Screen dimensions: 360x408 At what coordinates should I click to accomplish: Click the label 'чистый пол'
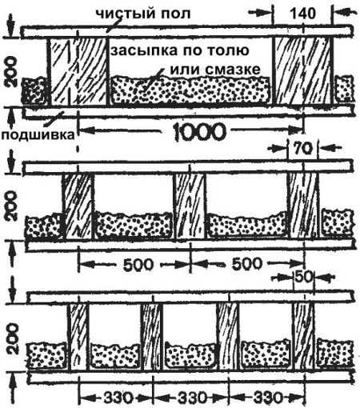(143, 14)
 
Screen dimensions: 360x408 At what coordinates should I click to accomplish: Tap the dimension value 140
(302, 14)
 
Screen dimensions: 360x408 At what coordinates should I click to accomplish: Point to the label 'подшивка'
(38, 135)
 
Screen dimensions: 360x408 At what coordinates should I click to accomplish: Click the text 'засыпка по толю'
(180, 50)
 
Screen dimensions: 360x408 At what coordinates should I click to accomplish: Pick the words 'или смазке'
(215, 70)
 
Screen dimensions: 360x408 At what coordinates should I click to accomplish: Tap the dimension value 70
(303, 150)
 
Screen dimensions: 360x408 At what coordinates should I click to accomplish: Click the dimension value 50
(303, 277)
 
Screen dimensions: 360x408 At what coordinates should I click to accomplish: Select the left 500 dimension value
(138, 265)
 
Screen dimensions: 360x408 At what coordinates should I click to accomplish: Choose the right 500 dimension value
(247, 264)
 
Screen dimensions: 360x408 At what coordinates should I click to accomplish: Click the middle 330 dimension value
(192, 398)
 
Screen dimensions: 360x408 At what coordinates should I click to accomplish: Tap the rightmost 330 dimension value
(267, 398)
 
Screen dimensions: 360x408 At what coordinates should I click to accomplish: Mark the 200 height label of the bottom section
(12, 338)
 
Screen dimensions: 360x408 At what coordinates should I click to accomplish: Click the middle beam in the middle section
(190, 206)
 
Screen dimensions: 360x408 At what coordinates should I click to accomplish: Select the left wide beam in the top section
(78, 72)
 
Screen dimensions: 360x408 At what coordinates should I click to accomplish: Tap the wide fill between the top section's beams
(190, 90)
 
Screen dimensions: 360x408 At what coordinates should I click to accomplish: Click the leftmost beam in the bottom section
(78, 338)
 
